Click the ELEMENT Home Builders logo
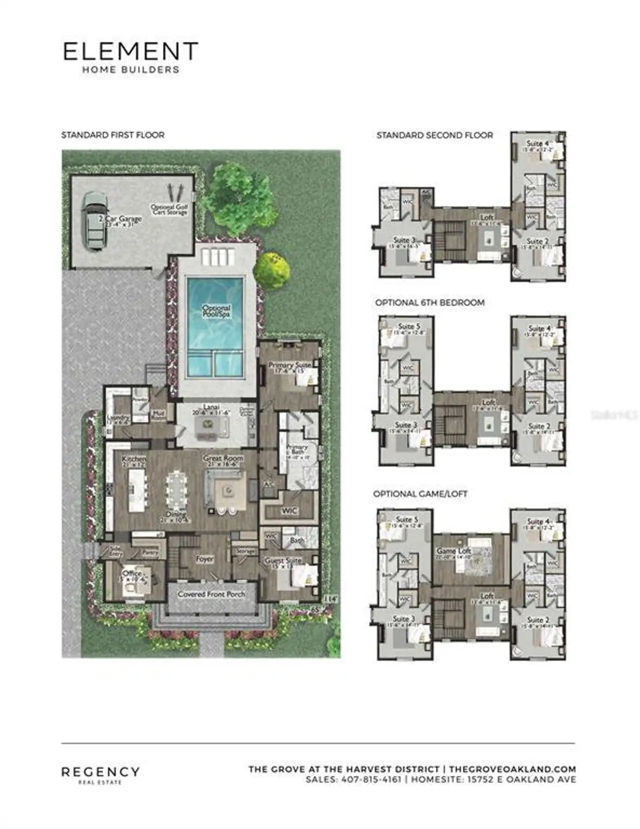130,57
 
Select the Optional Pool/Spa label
216,311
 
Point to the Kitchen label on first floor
134,458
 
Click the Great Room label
223,458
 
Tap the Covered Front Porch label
211,594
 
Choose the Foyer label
204,559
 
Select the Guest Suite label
282,561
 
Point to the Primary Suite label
289,365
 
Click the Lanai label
212,407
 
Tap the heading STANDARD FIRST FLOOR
112,135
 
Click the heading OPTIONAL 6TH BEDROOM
429,302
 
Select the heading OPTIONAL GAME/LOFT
420,493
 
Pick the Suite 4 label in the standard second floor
537,143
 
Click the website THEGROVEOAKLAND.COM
512,769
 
